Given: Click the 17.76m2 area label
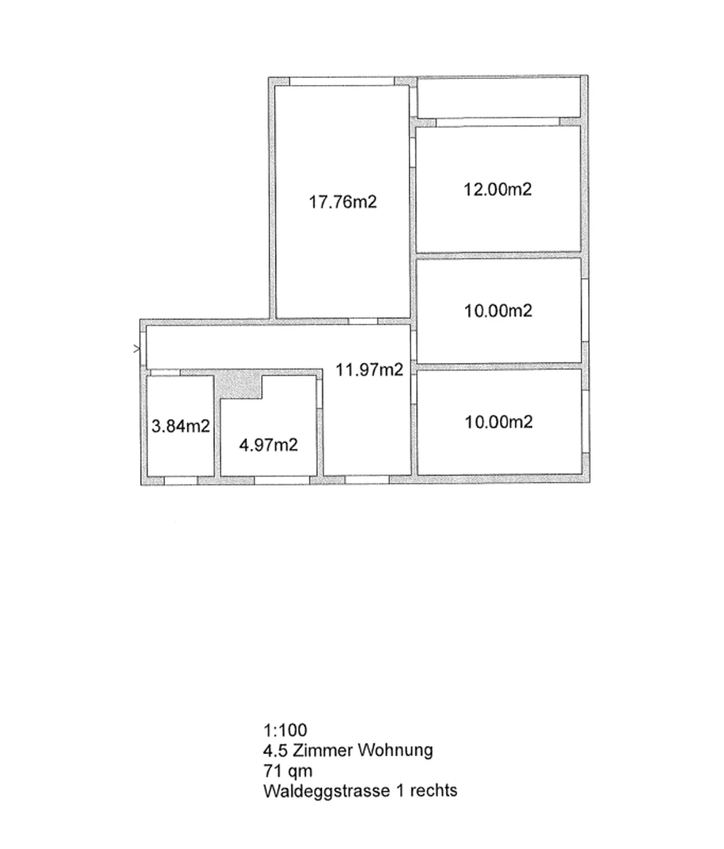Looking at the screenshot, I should [342, 202].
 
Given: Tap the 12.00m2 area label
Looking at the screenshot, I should [497, 190].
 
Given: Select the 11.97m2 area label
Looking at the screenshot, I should [369, 370].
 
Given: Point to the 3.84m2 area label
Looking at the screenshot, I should [180, 426].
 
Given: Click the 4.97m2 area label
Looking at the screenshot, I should [268, 445].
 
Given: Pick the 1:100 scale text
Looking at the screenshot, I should [285, 730].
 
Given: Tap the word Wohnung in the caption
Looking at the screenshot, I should [395, 750].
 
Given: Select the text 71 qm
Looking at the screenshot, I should [288, 770].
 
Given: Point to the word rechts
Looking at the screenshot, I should [433, 791].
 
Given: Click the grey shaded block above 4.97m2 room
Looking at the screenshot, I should [238, 386].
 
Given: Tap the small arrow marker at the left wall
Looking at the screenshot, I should [136, 348].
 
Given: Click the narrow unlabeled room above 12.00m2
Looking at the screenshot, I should [499, 97].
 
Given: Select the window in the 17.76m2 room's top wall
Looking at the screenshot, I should [342, 81].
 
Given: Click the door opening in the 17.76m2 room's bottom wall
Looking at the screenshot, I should [363, 321].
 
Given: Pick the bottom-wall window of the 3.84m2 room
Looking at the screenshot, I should [181, 481].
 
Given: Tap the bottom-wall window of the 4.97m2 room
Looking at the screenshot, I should [282, 481].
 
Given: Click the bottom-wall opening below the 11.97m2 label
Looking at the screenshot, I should [367, 480].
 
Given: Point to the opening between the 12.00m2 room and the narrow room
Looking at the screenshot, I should [497, 122].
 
